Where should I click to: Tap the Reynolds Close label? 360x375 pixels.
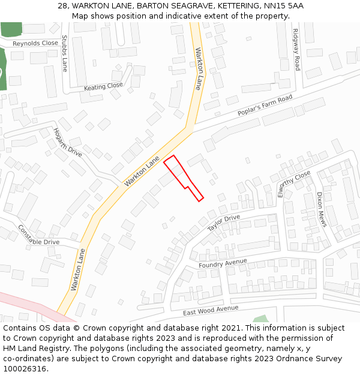(35, 44)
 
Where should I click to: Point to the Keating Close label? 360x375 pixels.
(103, 87)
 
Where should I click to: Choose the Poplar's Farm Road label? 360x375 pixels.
(265, 106)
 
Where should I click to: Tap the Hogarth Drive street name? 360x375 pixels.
(67, 143)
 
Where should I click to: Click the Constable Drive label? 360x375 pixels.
(38, 235)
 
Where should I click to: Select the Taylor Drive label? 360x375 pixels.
(223, 223)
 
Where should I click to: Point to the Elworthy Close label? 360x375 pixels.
(294, 184)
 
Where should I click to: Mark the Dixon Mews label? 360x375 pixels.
(322, 209)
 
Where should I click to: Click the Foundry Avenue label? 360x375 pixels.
(223, 263)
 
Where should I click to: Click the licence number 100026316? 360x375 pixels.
(23, 369)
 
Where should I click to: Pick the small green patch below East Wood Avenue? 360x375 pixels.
(260, 319)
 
